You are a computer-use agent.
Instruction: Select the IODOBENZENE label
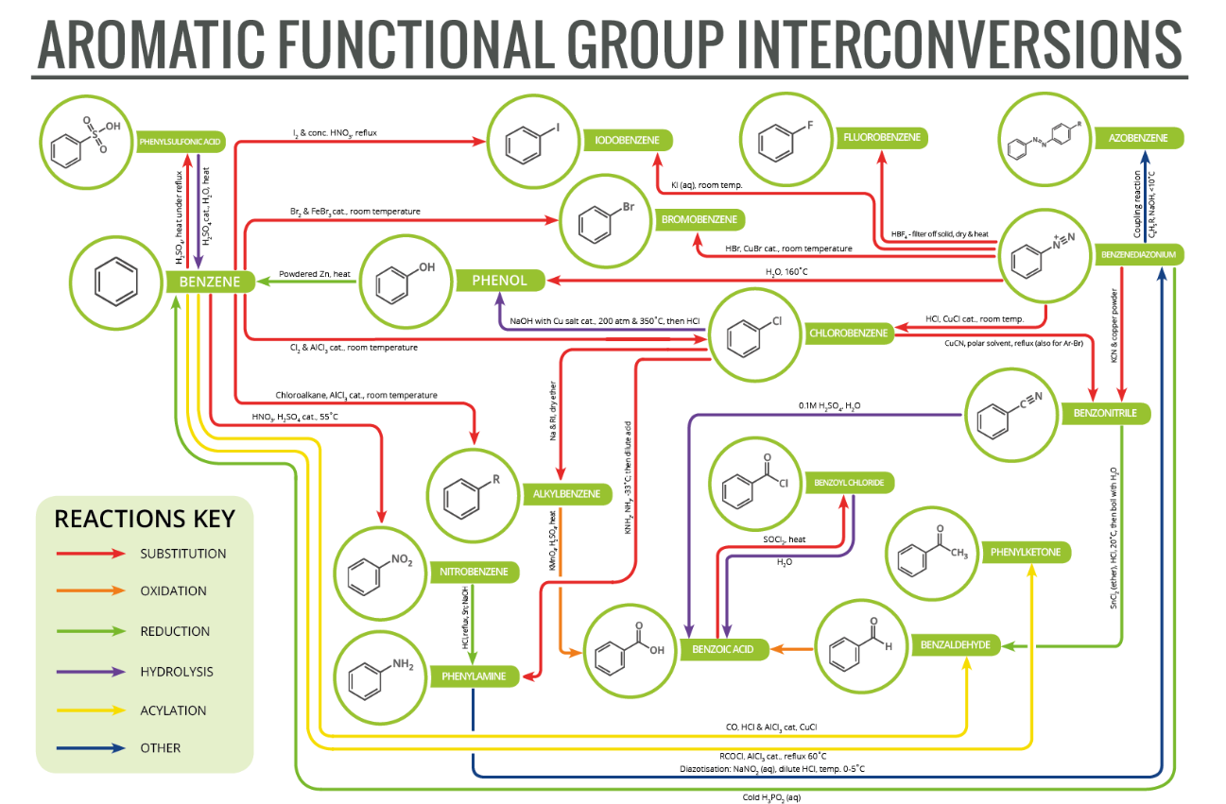pyautogui.click(x=627, y=140)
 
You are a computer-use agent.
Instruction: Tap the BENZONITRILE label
pyautogui.click(x=1111, y=413)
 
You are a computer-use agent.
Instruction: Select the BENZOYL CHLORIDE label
pyautogui.click(x=849, y=483)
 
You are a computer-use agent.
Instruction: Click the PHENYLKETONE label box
pyautogui.click(x=1026, y=552)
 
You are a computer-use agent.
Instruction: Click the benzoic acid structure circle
pyautogui.click(x=630, y=650)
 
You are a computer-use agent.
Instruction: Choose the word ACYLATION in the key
pyautogui.click(x=173, y=710)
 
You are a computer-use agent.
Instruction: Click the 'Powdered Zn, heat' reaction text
pyautogui.click(x=315, y=274)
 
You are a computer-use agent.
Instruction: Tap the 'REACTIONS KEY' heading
pyautogui.click(x=145, y=519)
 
